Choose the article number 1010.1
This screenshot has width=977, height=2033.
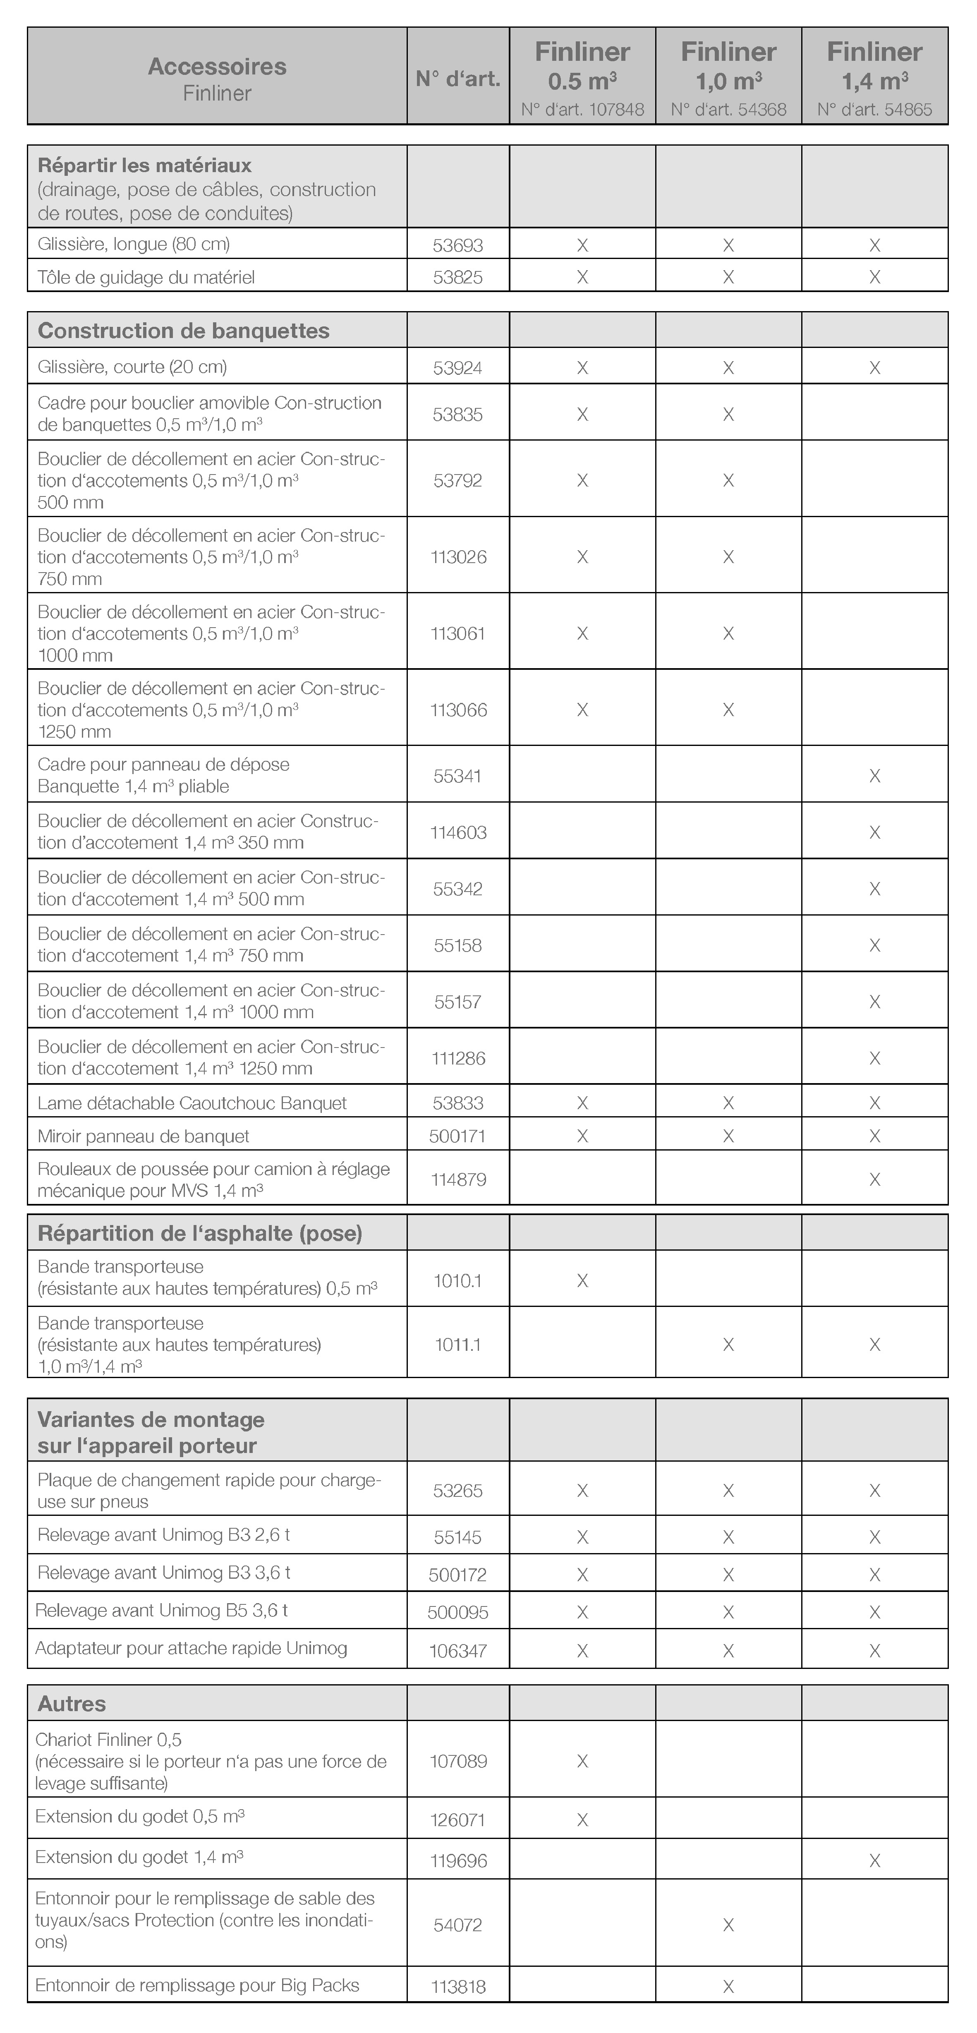point(458,1280)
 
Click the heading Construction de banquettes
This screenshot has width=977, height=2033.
point(184,331)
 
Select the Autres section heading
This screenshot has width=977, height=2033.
point(72,1703)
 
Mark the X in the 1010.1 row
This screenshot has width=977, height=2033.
point(582,1280)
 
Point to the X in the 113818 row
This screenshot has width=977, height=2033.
point(728,1986)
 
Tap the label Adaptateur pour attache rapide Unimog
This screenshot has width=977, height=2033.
point(191,1648)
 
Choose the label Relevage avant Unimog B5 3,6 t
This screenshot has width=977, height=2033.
point(161,1610)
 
